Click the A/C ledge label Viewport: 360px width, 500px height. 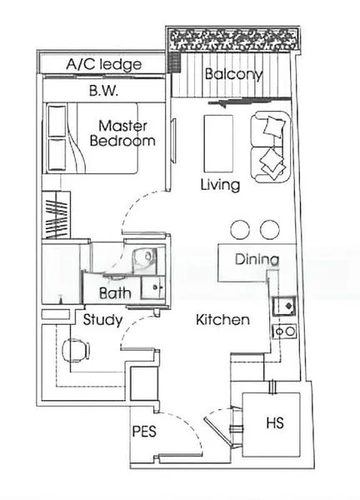click(x=103, y=64)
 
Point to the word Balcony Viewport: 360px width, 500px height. click(x=233, y=74)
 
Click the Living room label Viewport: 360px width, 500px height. click(x=220, y=184)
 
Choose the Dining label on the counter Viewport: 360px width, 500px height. click(x=256, y=259)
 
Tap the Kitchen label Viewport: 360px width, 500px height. click(x=222, y=319)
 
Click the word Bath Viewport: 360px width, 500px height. click(x=113, y=293)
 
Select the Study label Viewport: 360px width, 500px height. click(x=102, y=320)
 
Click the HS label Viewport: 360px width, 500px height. click(x=274, y=423)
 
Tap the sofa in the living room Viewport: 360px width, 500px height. click(x=271, y=148)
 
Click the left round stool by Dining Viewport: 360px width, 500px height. click(x=241, y=229)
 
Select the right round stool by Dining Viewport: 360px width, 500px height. click(x=270, y=229)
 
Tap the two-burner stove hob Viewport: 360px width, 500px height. click(x=284, y=332)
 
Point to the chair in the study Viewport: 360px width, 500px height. click(x=72, y=351)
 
